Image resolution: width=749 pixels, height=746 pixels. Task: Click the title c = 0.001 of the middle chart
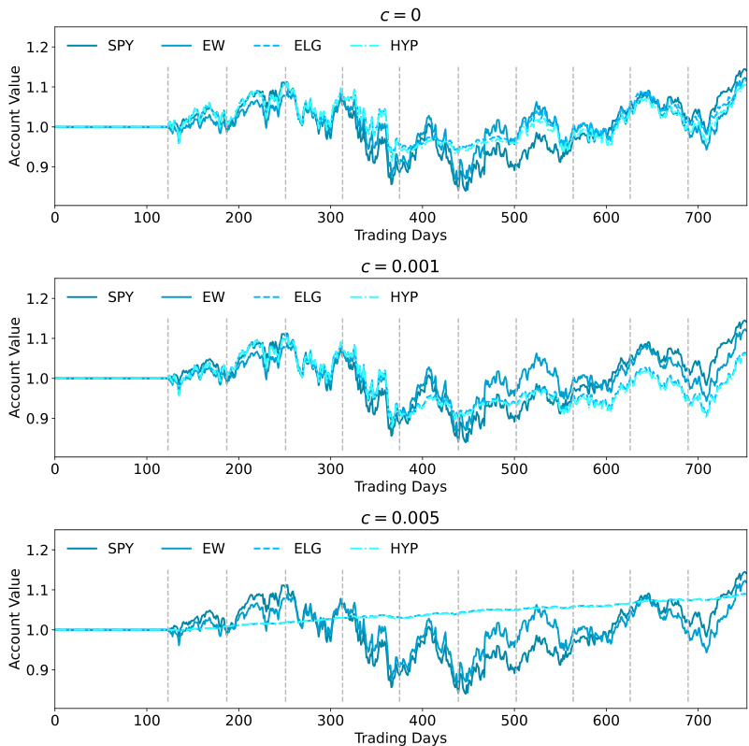tap(400, 266)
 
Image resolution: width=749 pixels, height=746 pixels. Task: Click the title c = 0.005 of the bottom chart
tap(400, 518)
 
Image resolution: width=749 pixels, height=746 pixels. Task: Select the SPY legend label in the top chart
tap(120, 46)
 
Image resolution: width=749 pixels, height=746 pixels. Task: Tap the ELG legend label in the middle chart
tap(307, 297)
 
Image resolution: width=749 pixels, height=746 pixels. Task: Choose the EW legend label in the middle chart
tap(213, 297)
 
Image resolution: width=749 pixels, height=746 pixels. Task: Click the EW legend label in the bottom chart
tap(213, 549)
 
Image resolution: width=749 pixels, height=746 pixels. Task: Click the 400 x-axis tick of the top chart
tap(423, 217)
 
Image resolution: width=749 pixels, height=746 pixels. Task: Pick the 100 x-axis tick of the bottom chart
tap(146, 721)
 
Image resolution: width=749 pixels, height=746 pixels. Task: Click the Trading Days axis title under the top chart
tap(400, 235)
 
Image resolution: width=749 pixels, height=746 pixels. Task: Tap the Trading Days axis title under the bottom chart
tap(400, 738)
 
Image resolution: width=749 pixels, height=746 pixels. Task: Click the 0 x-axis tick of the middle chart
tap(54, 468)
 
